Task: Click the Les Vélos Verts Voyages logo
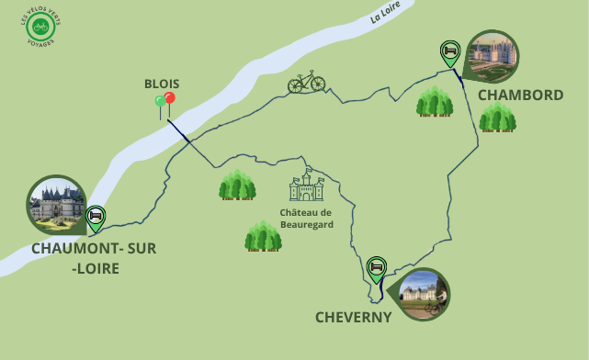coord(40,28)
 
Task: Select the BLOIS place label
coord(162,83)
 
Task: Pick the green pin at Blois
coord(160,102)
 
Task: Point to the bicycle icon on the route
coord(306,82)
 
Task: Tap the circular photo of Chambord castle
coord(492,56)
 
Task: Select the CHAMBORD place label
coord(520,95)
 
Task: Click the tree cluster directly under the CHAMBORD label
coord(497,118)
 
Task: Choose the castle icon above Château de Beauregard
coord(306,186)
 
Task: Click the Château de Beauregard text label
coord(306,218)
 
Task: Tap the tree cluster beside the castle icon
coord(237,185)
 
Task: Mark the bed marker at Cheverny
coord(375,268)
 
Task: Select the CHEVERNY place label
coord(354,317)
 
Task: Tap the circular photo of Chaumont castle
coord(57,204)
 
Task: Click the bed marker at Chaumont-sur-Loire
coord(95,217)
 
